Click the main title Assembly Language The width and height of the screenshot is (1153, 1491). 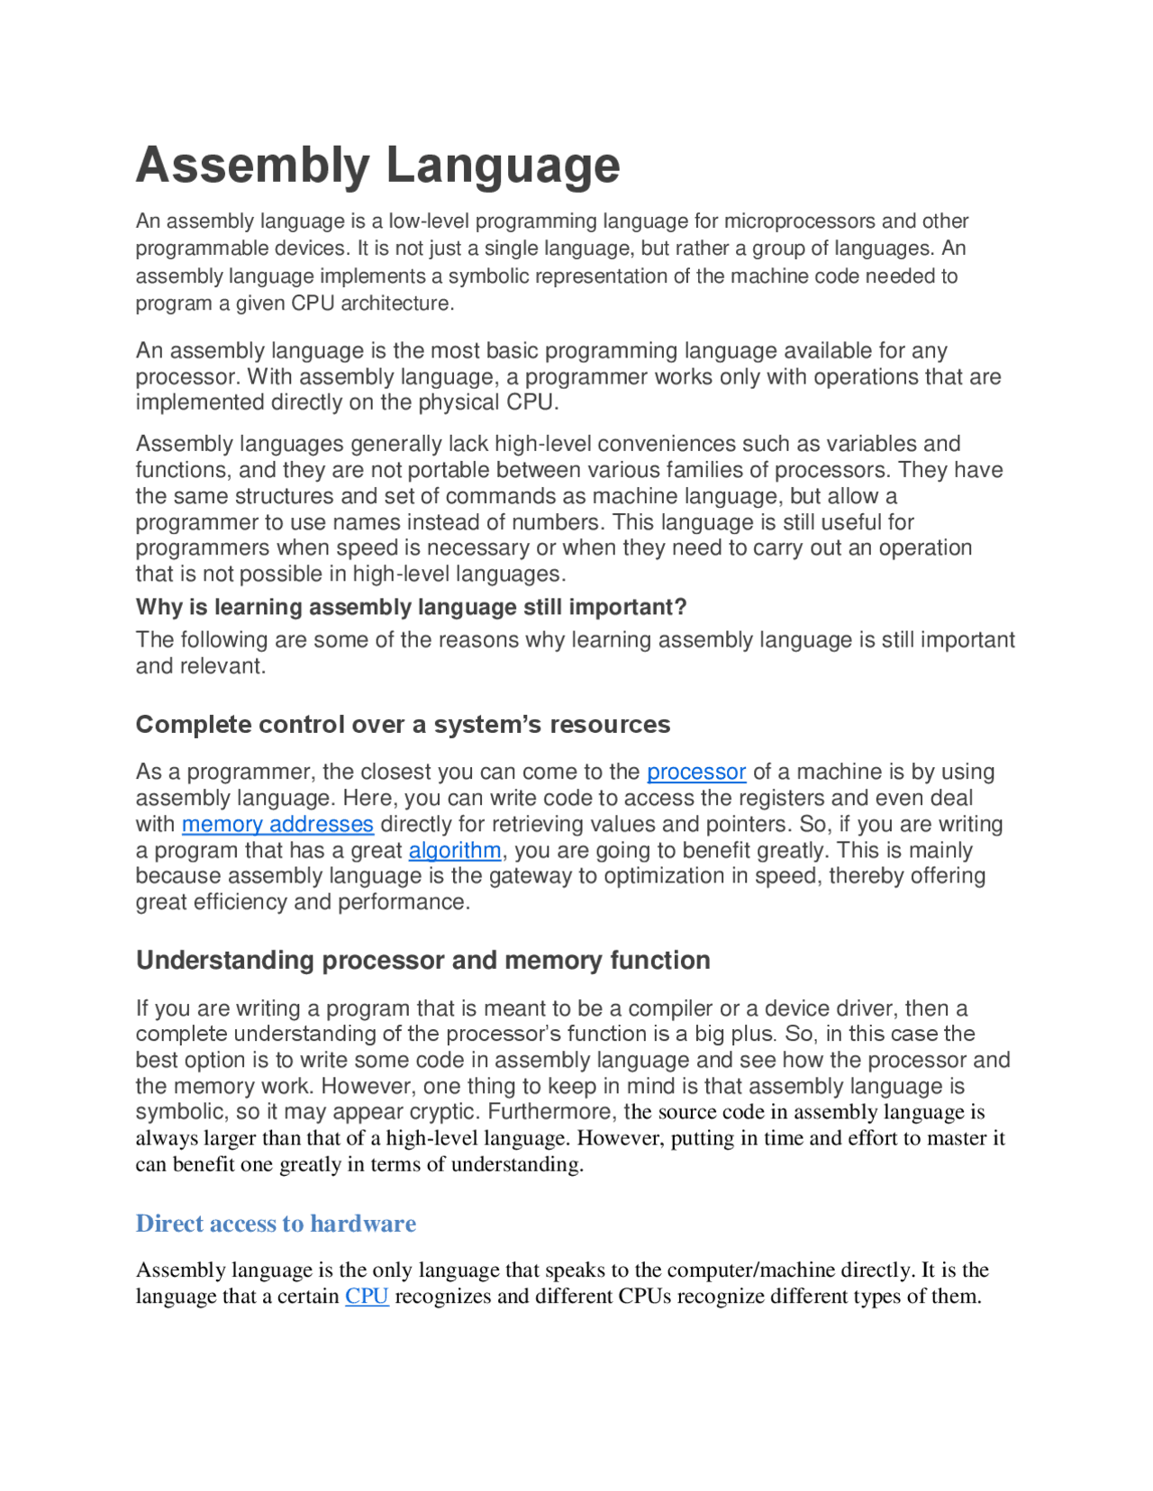377,166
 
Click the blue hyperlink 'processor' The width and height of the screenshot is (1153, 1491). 696,772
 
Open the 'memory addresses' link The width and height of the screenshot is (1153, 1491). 277,824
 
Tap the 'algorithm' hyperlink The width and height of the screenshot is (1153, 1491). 455,850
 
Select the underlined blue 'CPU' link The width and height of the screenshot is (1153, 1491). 367,1296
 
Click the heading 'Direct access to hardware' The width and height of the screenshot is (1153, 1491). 276,1223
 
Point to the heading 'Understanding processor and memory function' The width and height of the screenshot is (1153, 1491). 422,960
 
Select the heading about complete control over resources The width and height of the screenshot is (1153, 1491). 403,724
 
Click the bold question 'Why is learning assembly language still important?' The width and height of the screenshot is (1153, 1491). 411,607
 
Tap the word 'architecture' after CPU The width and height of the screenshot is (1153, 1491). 395,303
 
